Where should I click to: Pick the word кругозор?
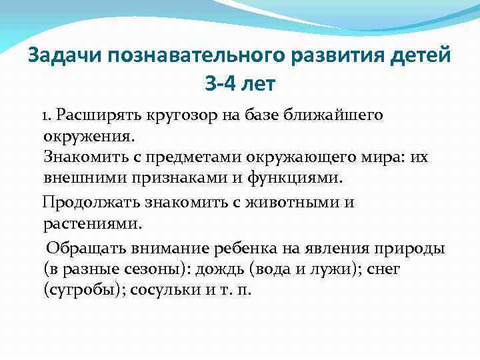click(170, 115)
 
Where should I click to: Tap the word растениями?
click(93, 223)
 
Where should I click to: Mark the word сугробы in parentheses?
click(84, 291)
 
